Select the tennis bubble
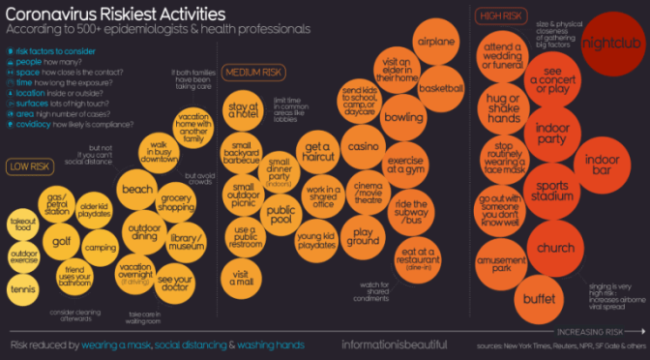[x=25, y=287]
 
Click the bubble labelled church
[x=556, y=249]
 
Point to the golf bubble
[x=61, y=241]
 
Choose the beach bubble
[x=138, y=190]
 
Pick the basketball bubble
[x=442, y=89]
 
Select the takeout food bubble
[x=23, y=225]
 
